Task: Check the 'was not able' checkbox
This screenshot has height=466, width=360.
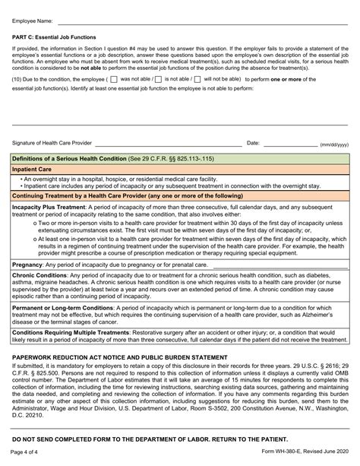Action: click(x=113, y=78)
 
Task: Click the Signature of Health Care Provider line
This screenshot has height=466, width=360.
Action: click(x=167, y=144)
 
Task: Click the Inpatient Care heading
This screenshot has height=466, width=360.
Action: click(x=32, y=169)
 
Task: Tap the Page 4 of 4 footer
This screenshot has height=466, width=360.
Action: click(x=27, y=454)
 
